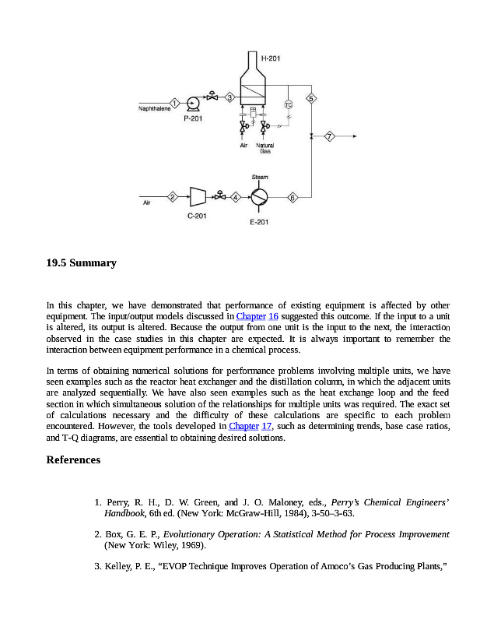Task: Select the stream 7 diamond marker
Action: click(x=330, y=137)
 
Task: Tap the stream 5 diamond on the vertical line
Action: click(x=311, y=98)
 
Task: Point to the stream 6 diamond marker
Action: click(x=293, y=197)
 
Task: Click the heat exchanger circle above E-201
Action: click(x=259, y=197)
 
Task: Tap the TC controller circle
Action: click(x=288, y=104)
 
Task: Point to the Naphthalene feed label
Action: click(x=153, y=109)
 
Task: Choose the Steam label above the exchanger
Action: click(x=260, y=178)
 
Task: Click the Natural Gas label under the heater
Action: click(x=265, y=148)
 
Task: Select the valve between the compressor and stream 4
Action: click(x=220, y=196)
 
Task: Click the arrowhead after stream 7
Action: click(x=355, y=137)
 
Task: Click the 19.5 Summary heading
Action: click(x=82, y=263)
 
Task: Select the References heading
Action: click(x=74, y=460)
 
